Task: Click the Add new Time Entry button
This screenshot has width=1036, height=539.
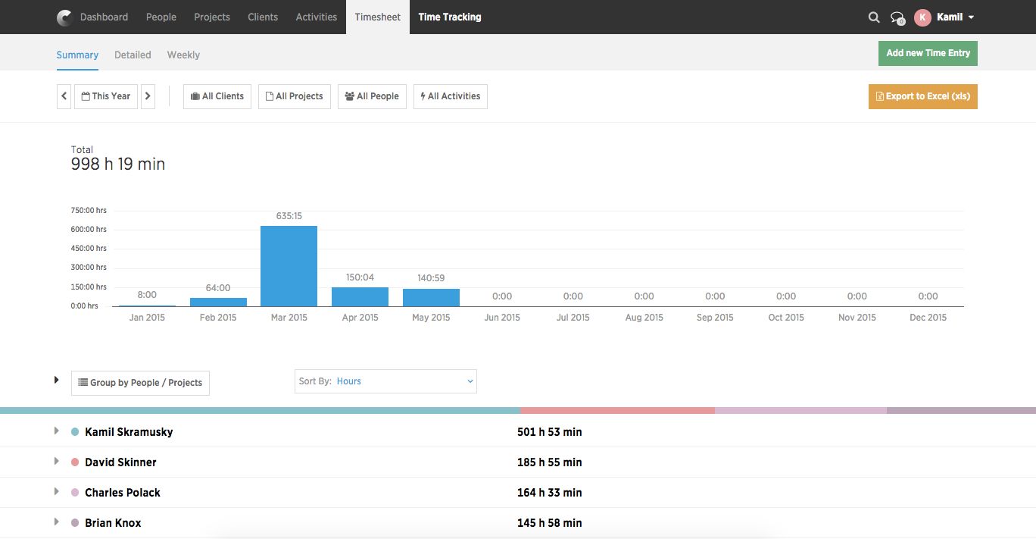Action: click(x=928, y=53)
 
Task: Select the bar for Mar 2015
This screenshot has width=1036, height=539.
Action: click(x=289, y=266)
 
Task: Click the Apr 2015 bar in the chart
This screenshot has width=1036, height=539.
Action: click(x=360, y=296)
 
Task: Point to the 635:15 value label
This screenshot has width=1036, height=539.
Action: click(x=289, y=216)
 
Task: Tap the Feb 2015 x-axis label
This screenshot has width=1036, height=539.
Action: click(x=218, y=318)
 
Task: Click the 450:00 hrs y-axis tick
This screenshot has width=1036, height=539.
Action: click(x=89, y=249)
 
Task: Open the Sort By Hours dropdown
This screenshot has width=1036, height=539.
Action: click(x=385, y=381)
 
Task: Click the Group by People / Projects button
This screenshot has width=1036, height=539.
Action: click(x=140, y=383)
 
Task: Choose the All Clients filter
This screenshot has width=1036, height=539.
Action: click(x=217, y=96)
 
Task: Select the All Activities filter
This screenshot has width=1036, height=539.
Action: click(x=450, y=96)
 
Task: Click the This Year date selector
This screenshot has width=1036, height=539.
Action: click(x=106, y=96)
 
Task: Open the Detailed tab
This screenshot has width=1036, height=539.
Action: click(x=133, y=55)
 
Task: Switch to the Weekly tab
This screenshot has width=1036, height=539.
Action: click(x=183, y=55)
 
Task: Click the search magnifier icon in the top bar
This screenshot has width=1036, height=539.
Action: click(x=873, y=17)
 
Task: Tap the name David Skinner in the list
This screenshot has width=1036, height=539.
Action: click(x=120, y=462)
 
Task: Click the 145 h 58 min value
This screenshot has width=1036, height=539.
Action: click(x=549, y=523)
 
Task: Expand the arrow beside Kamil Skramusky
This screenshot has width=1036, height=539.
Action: click(x=56, y=431)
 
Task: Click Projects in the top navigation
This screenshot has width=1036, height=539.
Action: click(x=211, y=17)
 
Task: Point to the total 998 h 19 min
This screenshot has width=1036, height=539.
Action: click(x=118, y=164)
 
